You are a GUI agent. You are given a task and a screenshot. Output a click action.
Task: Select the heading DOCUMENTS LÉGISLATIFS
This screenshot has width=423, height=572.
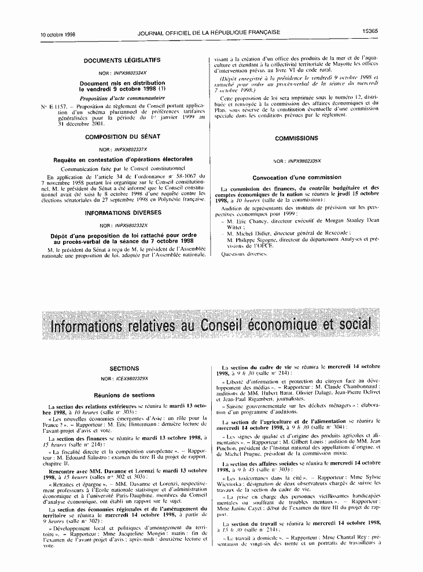[122, 60]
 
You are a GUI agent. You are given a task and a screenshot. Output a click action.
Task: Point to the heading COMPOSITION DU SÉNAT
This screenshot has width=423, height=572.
[123, 137]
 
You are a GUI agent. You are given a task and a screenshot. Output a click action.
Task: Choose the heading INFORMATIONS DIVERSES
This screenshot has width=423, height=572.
[123, 213]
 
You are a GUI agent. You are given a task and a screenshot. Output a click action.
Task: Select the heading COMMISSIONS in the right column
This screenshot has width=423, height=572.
[296, 139]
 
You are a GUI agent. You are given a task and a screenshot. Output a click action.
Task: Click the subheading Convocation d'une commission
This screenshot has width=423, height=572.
[297, 177]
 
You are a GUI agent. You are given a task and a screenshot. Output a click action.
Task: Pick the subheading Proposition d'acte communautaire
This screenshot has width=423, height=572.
[123, 99]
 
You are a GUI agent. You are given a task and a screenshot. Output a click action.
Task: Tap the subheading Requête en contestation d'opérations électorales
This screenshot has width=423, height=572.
[123, 159]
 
